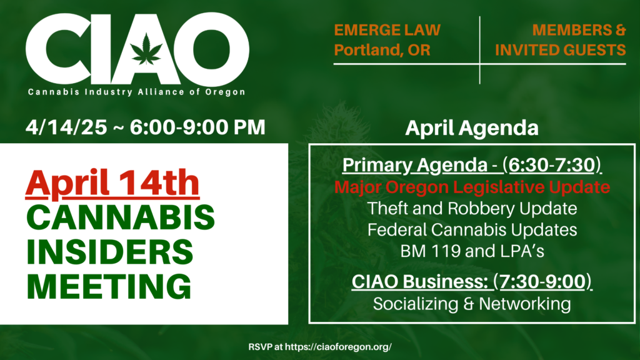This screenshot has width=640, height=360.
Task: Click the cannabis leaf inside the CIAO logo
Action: click(x=146, y=49)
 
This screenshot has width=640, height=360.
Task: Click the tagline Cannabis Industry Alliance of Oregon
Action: click(x=136, y=92)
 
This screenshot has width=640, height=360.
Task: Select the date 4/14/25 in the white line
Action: click(x=66, y=127)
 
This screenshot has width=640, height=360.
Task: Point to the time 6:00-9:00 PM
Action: click(x=197, y=127)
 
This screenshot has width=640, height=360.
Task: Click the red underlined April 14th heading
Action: click(x=112, y=183)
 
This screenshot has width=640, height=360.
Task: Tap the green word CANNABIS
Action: click(x=121, y=217)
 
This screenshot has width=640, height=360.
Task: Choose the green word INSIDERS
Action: click(x=109, y=252)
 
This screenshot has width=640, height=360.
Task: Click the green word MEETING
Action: click(x=109, y=286)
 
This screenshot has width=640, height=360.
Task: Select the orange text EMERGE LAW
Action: click(x=387, y=30)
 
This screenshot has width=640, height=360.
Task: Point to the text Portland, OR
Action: click(x=382, y=50)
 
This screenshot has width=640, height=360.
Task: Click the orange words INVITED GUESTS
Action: click(x=560, y=50)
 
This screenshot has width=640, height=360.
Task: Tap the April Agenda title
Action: click(x=472, y=127)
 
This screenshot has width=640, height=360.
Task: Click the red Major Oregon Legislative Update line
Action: click(x=472, y=187)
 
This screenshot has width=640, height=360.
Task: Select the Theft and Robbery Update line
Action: click(x=472, y=209)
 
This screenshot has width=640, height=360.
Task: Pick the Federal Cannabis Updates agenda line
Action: click(x=472, y=230)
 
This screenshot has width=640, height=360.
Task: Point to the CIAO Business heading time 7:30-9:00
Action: click(x=542, y=282)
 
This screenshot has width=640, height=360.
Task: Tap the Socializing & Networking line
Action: click(x=472, y=304)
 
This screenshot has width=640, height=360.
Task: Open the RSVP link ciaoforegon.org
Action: click(x=338, y=347)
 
